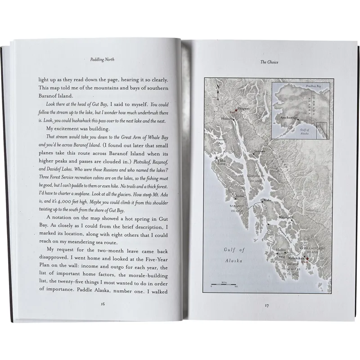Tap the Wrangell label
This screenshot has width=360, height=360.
[285, 218]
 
